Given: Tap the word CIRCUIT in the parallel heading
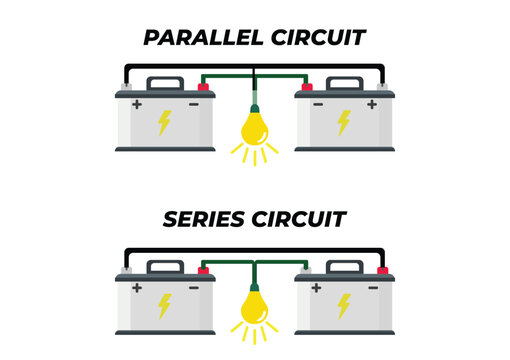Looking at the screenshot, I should (x=318, y=38).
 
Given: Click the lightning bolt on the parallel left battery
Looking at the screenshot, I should (x=164, y=122).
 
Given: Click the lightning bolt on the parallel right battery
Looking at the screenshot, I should (x=344, y=122).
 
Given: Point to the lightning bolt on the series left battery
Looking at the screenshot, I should (x=164, y=304).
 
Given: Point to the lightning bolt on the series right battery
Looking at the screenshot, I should (x=344, y=304).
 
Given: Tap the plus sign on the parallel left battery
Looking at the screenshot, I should (x=136, y=104).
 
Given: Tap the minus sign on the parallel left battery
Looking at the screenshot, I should (x=192, y=104).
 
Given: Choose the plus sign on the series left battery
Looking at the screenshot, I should (x=136, y=287).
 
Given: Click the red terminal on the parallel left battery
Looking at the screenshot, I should (x=203, y=87).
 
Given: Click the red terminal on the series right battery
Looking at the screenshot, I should (x=382, y=269).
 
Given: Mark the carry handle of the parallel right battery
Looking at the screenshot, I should (x=344, y=82).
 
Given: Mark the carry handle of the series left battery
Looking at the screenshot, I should (x=164, y=265).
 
